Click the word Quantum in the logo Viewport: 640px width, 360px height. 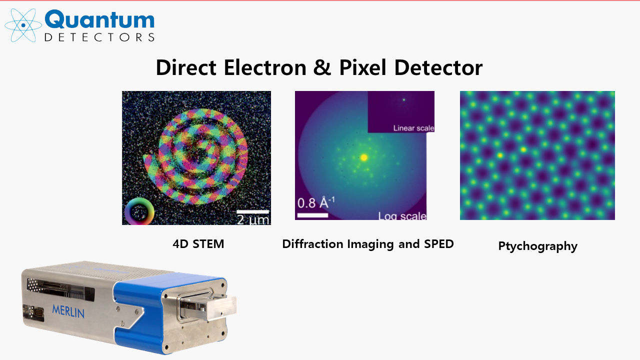[99, 19]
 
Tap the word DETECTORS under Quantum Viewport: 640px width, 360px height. [99, 37]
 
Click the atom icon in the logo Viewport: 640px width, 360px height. [23, 25]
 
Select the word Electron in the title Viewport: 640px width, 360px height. [265, 67]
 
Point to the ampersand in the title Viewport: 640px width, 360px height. [322, 67]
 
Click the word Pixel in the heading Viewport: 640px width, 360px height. [363, 67]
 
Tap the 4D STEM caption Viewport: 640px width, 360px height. [198, 244]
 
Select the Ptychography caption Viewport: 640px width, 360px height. [537, 246]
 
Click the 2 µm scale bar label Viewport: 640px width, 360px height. [253, 219]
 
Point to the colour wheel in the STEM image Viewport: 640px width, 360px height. [139, 211]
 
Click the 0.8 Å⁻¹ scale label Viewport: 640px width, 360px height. [316, 202]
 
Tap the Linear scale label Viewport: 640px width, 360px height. [413, 128]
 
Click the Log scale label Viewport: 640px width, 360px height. [402, 216]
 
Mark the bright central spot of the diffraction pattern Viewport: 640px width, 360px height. [363, 157]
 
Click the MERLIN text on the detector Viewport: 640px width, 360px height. [68, 311]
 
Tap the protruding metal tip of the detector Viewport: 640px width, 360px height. [221, 307]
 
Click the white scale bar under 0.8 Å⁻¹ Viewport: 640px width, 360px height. [312, 215]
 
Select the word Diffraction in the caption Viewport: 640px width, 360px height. [312, 244]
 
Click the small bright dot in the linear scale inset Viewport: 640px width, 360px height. [404, 100]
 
